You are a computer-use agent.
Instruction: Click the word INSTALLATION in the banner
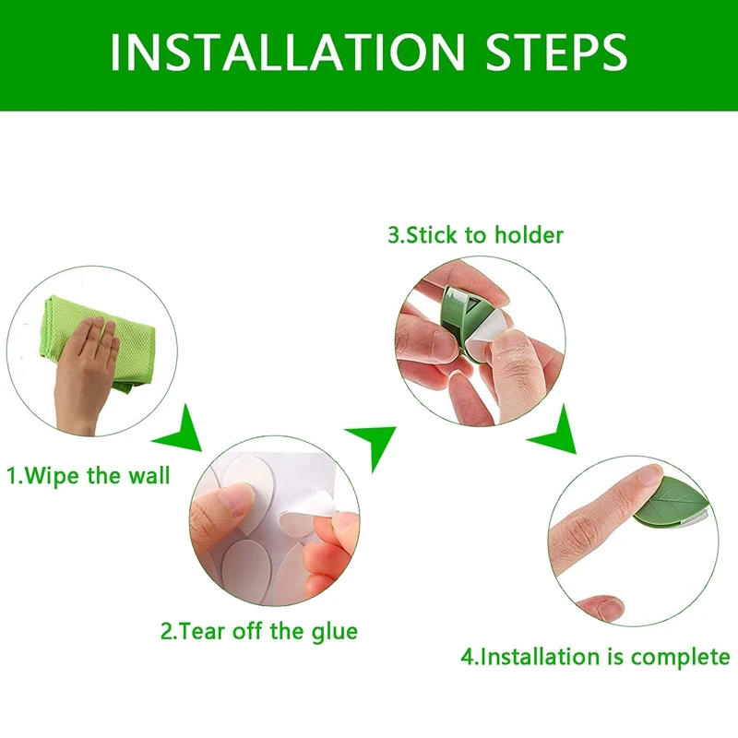[x=288, y=52]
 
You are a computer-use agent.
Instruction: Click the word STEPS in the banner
[x=557, y=52]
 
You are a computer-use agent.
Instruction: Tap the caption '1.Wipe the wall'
[x=89, y=475]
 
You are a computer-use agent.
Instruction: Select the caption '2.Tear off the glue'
[x=259, y=632]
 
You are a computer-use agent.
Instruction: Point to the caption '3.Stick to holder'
[x=475, y=235]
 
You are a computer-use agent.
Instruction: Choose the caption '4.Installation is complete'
[x=595, y=657]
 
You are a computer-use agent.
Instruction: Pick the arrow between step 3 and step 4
[x=555, y=432]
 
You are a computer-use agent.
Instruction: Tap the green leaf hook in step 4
[x=673, y=504]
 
